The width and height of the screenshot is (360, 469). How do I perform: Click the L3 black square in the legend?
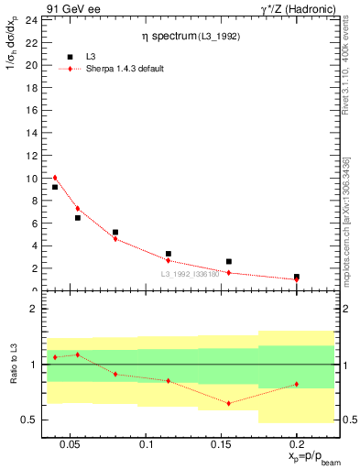[70, 57]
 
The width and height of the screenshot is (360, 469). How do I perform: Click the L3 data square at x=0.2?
[296, 276]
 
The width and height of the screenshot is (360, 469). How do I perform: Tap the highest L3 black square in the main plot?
[55, 187]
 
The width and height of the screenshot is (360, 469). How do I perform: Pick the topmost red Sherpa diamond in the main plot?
[55, 178]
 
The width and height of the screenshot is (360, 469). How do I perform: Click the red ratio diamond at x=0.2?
[296, 384]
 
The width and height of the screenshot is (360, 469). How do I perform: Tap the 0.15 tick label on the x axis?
[221, 445]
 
